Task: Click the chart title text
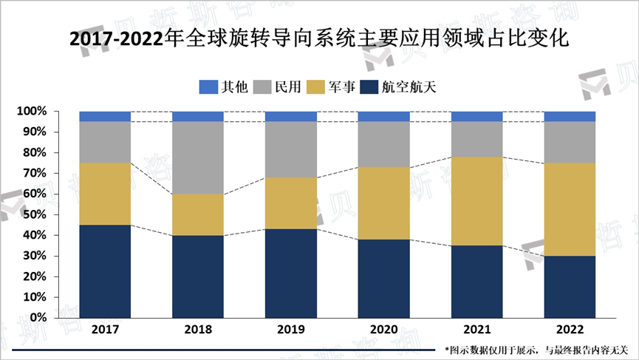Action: (319, 38)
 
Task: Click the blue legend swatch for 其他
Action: (208, 87)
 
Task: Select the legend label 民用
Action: (287, 87)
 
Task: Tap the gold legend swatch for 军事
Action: (316, 87)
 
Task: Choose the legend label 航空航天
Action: (409, 87)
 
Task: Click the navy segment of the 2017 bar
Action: (105, 271)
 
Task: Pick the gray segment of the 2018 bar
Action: (198, 157)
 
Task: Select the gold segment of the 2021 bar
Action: (476, 200)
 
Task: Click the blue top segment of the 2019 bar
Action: (290, 116)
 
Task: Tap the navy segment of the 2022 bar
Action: (570, 286)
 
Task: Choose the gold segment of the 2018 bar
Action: (198, 214)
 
